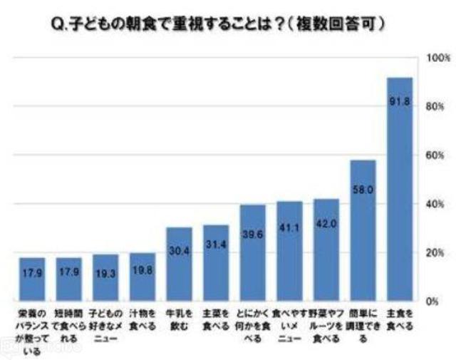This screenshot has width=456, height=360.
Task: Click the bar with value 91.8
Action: pyautogui.click(x=400, y=189)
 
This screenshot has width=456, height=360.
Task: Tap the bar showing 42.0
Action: pyautogui.click(x=326, y=250)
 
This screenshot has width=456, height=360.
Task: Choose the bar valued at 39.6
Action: pyautogui.click(x=252, y=253)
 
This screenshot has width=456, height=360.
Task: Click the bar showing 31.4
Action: pyautogui.click(x=216, y=263)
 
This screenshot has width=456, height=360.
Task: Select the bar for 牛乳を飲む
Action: pyautogui.click(x=179, y=264)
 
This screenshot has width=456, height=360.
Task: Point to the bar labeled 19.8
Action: pyautogui.click(x=142, y=277)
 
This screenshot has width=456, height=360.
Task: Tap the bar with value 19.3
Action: pyautogui.click(x=105, y=278)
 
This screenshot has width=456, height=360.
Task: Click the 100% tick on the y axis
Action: pyautogui.click(x=433, y=57)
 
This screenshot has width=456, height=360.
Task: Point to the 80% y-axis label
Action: pyautogui.click(x=433, y=106)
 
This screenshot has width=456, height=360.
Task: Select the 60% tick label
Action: pyautogui.click(x=433, y=155)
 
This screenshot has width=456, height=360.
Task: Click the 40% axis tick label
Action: pyautogui.click(x=433, y=204)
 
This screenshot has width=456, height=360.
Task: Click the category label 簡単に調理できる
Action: pyautogui.click(x=363, y=325)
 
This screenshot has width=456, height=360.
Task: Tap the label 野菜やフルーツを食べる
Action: pyautogui.click(x=326, y=325)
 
